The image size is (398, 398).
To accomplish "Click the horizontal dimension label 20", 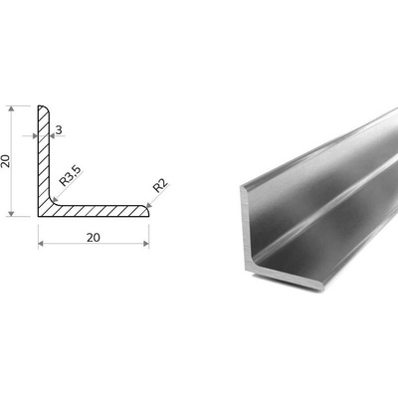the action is coord(94,238).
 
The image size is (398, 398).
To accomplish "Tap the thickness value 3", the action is coord(59,130).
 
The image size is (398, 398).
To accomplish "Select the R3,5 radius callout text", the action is coord(70,176).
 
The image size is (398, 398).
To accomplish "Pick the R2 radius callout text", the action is coord(160,186).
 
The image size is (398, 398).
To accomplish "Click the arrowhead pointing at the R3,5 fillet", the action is coord(55,199).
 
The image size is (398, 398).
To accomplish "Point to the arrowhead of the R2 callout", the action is coord(148,205).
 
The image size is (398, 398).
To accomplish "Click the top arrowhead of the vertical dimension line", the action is coord(12,109).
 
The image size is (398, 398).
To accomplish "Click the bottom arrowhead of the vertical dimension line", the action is coord(12,213).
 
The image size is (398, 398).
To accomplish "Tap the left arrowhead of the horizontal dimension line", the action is coord(41,244).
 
